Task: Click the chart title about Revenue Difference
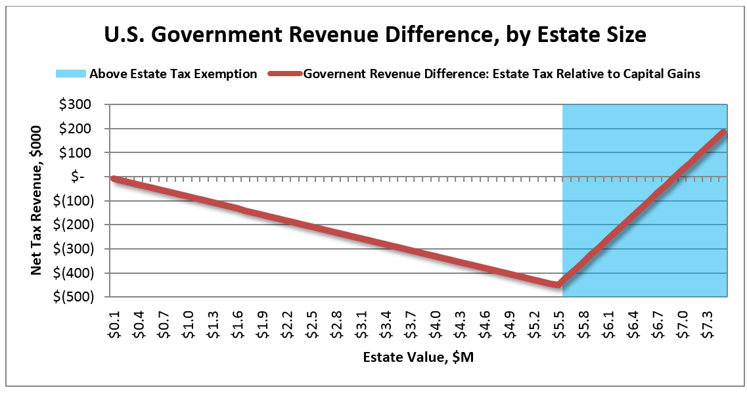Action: (375, 35)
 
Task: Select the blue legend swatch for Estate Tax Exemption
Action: (71, 74)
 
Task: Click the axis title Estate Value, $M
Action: (419, 357)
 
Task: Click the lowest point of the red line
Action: (558, 285)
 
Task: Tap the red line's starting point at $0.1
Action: (114, 179)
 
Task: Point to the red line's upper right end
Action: (724, 132)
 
